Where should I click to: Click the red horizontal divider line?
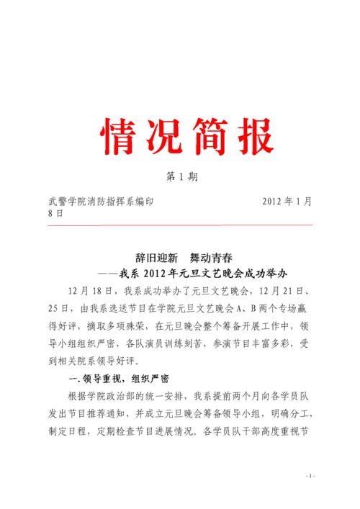click(x=179, y=225)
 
